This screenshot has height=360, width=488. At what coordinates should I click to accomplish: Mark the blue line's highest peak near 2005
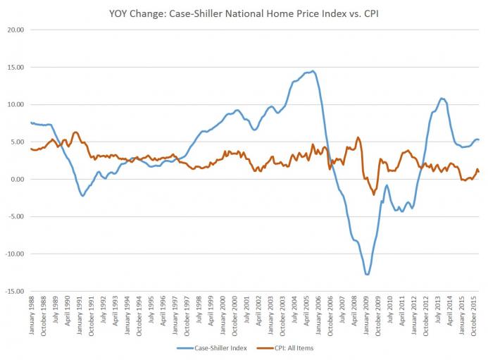coord(313,70)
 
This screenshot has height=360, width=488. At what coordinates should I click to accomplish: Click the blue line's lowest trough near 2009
coord(367,274)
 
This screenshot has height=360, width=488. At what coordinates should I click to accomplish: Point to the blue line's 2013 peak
coord(441,98)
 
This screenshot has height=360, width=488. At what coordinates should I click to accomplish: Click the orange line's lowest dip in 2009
coord(374,194)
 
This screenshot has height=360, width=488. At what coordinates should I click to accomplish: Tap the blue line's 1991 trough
coord(83,196)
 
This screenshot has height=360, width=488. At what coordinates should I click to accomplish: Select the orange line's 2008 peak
coord(358,137)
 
